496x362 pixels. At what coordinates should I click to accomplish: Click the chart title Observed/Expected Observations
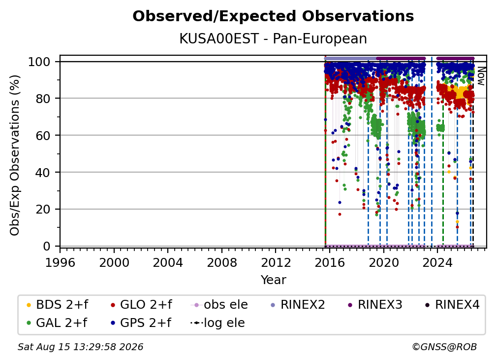pyautogui.click(x=273, y=16)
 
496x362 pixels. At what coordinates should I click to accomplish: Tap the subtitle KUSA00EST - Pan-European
pyautogui.click(x=273, y=38)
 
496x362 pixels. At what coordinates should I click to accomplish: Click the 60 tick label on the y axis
pyautogui.click(x=43, y=136)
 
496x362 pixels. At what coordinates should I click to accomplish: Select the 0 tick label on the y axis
pyautogui.click(x=46, y=246)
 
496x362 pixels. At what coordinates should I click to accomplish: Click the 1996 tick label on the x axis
pyautogui.click(x=60, y=263)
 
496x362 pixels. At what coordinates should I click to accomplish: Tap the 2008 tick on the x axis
pyautogui.click(x=222, y=263)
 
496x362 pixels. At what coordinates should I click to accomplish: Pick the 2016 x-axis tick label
pyautogui.click(x=330, y=263)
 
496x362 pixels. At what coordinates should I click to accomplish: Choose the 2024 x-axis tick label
pyautogui.click(x=437, y=263)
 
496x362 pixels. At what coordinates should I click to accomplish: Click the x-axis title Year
pyautogui.click(x=273, y=280)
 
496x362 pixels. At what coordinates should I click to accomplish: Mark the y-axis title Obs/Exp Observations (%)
pyautogui.click(x=15, y=155)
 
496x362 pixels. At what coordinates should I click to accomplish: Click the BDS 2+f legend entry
pyautogui.click(x=58, y=305)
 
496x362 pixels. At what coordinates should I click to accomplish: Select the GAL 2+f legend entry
pyautogui.click(x=57, y=323)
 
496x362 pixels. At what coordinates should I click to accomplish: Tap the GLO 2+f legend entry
pyautogui.click(x=141, y=305)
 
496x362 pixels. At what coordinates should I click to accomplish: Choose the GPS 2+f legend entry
pyautogui.click(x=141, y=323)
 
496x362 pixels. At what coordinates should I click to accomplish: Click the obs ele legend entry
pyautogui.click(x=219, y=305)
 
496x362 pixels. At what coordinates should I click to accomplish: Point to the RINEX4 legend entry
pyautogui.click(x=452, y=305)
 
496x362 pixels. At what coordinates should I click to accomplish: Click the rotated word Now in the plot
pyautogui.click(x=481, y=76)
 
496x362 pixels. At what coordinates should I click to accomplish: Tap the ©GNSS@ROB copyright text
pyautogui.click(x=444, y=347)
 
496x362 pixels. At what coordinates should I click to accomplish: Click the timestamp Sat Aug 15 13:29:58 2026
pyautogui.click(x=80, y=347)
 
